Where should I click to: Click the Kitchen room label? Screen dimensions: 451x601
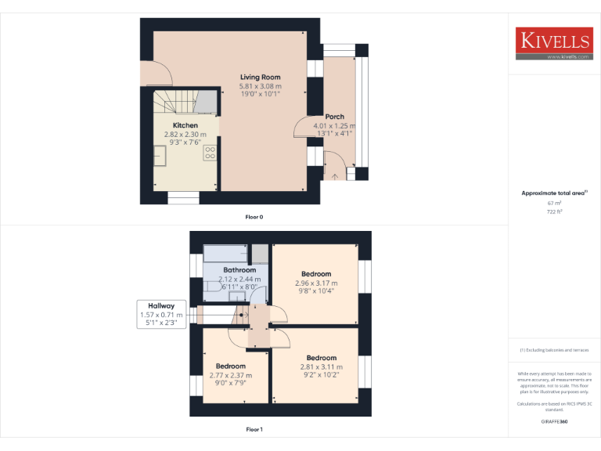185,125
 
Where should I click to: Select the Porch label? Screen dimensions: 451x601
334,117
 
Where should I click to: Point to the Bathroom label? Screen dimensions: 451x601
239,270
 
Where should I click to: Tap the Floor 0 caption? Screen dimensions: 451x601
254,216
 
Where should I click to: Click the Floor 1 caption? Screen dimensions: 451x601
254,429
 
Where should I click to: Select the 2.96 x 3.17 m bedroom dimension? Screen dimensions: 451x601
316,283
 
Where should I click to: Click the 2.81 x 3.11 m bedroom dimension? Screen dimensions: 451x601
321,366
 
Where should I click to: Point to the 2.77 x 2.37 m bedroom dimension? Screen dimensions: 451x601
231,375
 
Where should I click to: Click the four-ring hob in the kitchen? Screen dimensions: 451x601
210,154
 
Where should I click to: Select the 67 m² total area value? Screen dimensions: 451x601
554,203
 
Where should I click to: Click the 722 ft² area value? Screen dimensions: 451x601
554,211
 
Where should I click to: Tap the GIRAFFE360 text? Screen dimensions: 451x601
554,422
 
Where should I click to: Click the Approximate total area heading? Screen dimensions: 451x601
553,193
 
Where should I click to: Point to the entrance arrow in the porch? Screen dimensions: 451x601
335,176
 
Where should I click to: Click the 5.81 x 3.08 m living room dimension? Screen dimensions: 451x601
260,85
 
